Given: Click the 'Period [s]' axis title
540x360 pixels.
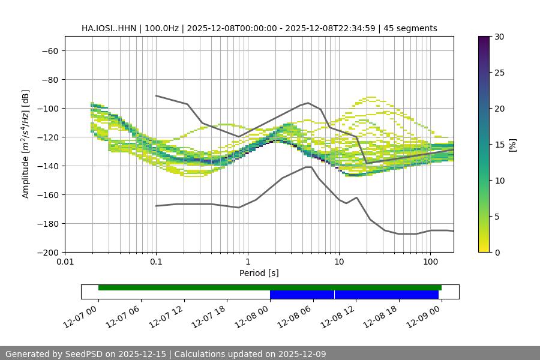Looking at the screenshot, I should pos(259,273).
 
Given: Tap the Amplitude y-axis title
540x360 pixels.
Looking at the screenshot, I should pos(25,144).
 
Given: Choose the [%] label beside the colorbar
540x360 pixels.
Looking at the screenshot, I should pos(512,145).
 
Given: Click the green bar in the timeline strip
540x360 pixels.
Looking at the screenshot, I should pos(269,287).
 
